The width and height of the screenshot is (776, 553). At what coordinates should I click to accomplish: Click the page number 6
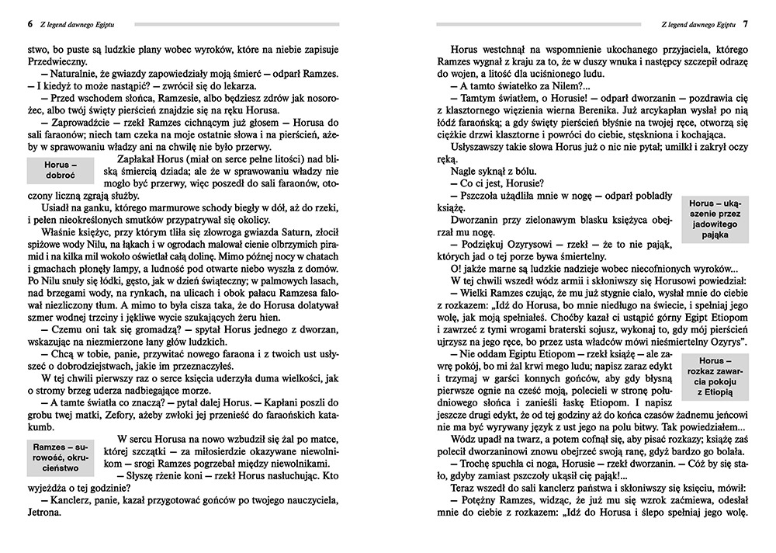[x=29, y=24]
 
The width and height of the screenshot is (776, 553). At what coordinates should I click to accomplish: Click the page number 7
[x=745, y=24]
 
